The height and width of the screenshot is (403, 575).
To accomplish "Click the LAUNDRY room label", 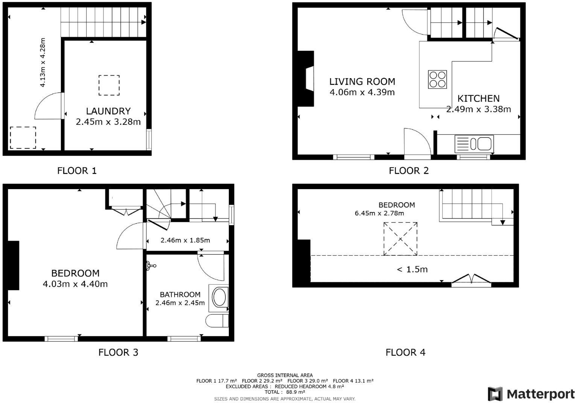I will tap(108, 111).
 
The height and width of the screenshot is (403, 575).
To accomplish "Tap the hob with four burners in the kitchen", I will tap(437, 79).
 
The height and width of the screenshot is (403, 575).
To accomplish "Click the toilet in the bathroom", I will tap(217, 321).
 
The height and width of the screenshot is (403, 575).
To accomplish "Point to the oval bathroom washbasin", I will tap(220, 297).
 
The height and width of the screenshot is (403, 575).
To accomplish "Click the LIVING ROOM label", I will tap(362, 82).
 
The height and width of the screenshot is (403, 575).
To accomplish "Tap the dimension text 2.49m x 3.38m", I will tap(478, 109).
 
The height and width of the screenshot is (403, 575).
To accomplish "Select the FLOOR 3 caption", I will tap(118, 352).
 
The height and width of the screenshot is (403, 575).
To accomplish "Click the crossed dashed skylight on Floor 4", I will tap(400, 239).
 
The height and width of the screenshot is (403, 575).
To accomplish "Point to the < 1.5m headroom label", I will tap(412, 269).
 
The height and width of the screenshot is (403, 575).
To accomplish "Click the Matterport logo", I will tap(531, 394).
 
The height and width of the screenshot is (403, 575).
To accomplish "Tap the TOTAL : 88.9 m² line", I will tap(284, 392).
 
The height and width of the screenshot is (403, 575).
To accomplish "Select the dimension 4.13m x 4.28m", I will tap(43, 62).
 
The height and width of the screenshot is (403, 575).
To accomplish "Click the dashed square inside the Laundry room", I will tap(109, 85).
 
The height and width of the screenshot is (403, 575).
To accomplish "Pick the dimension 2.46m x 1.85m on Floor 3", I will tap(185, 240).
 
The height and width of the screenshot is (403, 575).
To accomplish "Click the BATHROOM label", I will tap(180, 294).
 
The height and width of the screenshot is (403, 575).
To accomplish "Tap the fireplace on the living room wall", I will tap(306, 79).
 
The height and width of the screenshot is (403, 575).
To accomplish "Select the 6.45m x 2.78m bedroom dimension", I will tap(379, 213).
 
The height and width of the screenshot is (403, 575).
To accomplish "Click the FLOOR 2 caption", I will tap(408, 171).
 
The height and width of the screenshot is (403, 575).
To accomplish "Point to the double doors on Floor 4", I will tap(471, 280).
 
